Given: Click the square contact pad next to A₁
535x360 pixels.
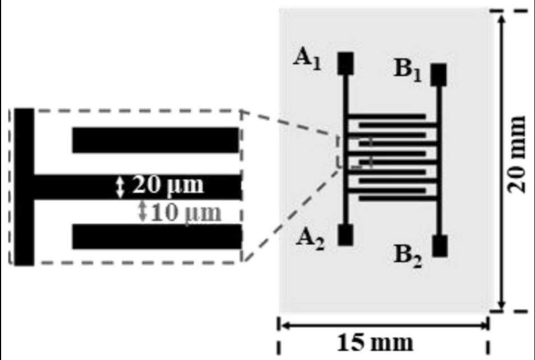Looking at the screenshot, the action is (345, 63).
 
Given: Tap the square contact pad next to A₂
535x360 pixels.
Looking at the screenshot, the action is (345, 235).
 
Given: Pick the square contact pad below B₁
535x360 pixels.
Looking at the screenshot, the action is (438, 74).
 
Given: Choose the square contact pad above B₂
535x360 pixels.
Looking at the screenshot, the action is (440, 246).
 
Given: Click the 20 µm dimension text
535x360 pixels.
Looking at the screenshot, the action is (167, 186).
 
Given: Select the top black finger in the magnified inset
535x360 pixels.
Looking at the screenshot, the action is (156, 140).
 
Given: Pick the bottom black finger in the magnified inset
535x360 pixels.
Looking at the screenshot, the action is (157, 236).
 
